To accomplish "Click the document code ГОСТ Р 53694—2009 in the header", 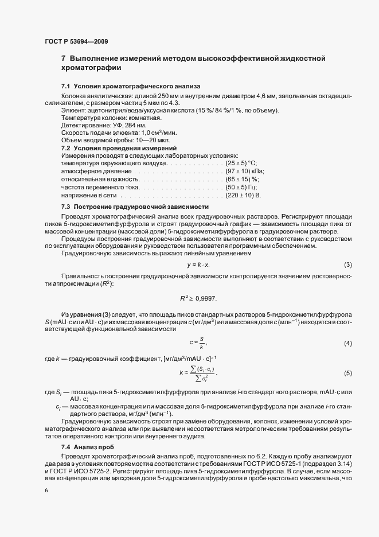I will tap(76, 41).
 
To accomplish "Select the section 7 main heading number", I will tap(63, 58).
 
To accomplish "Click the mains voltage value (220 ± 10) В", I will tap(243, 195).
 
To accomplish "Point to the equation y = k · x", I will tap(198, 264).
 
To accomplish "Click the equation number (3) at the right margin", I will tap(347, 264).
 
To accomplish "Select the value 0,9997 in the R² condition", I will tap(206, 299).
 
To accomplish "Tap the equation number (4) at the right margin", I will tap(347, 343).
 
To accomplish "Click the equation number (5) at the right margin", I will tap(347, 373).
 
